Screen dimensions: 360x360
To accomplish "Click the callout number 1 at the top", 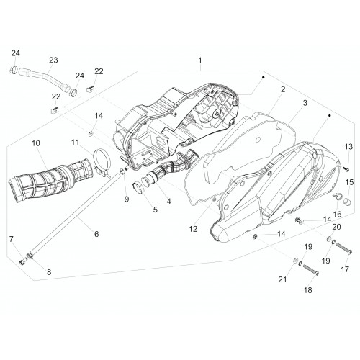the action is pos(200,60).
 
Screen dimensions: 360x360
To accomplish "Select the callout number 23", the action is pos(53,60).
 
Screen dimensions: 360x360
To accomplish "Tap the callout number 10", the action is pos(36,143).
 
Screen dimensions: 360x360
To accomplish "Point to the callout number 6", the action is pos(96,234).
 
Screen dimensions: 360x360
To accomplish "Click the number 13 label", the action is pos(348,146).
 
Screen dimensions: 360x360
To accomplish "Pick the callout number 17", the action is pos(345,269).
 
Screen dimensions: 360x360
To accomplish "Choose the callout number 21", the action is pos(282,279).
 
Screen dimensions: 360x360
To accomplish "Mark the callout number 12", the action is pos(193,229).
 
